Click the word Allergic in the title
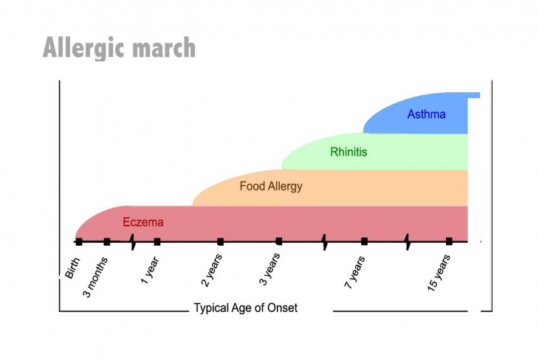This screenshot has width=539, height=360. click(84, 48)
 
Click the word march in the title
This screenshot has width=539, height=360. click(164, 47)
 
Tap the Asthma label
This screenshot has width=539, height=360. click(426, 114)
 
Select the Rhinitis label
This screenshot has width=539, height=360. click(349, 152)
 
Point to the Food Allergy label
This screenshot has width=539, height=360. click(271, 187)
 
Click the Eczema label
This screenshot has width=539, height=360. click(143, 222)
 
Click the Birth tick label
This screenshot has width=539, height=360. click(72, 268)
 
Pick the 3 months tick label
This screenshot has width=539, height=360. click(95, 277)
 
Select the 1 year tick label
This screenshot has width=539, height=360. click(150, 270)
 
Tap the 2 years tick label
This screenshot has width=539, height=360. click(211, 270)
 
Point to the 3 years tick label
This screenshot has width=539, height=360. click(269, 269)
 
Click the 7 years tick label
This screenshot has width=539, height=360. click(354, 272)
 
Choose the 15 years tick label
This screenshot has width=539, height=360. click(439, 273)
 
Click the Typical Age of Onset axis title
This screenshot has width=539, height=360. click(246, 308)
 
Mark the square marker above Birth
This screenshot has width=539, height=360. click(79, 242)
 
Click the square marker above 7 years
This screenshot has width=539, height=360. click(364, 241)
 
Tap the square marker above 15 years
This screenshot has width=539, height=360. click(449, 241)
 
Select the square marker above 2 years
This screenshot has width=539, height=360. click(221, 242)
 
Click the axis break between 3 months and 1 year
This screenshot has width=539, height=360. click(133, 242)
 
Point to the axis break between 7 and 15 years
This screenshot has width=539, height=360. click(408, 242)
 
